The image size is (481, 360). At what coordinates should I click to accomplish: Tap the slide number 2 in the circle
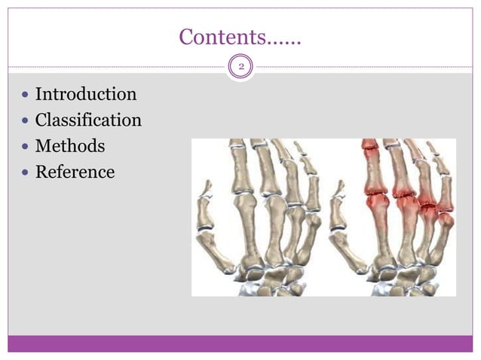tap(241, 68)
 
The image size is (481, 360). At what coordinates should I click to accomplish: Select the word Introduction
tap(86, 95)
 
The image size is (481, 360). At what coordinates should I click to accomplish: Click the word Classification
tap(88, 121)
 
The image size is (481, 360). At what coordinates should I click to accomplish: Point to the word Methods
tap(70, 146)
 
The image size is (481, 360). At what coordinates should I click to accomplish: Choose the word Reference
tap(75, 172)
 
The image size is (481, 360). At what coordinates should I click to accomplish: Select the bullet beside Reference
tap(26, 172)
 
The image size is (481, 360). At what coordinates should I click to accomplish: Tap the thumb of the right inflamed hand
tap(342, 226)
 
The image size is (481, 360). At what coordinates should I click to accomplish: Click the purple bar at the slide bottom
tap(240, 343)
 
